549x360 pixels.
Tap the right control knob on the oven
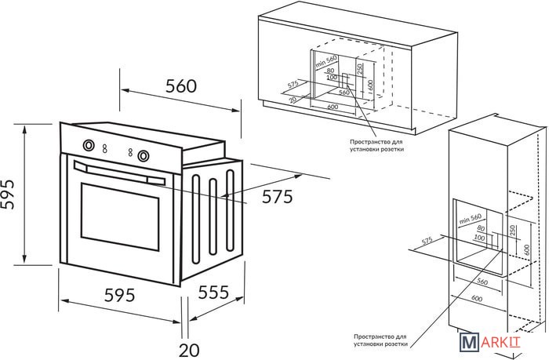tap(143, 155)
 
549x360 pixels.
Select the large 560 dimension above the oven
tap(181, 87)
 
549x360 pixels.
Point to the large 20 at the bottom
tap(188, 347)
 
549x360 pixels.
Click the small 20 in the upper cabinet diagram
tap(293, 99)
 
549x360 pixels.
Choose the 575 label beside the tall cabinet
tap(427, 240)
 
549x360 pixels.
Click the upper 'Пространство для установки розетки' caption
tap(377, 144)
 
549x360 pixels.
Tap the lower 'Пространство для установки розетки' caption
tap(380, 338)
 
